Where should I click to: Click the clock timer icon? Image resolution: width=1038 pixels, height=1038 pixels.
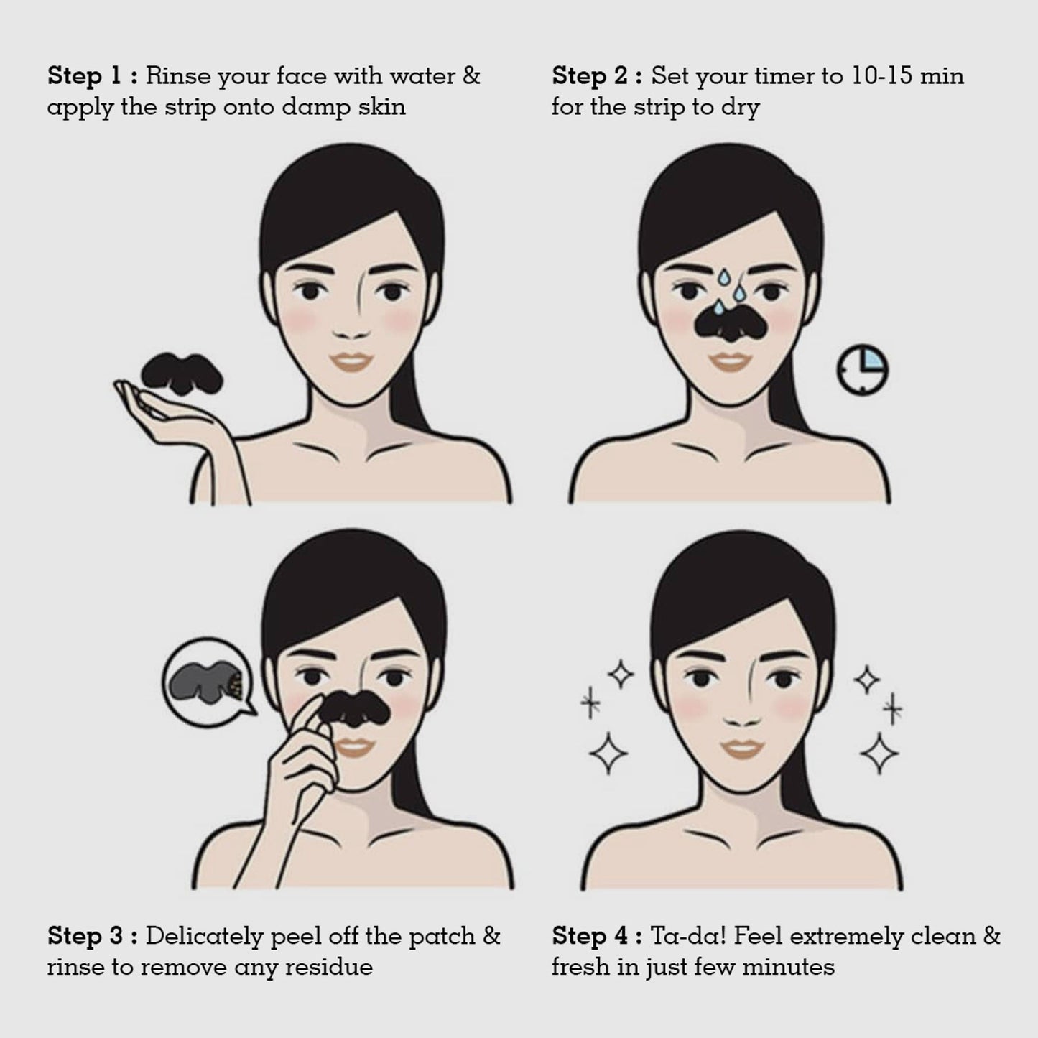863,370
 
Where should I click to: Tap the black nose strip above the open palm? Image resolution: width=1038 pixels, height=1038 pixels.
182,371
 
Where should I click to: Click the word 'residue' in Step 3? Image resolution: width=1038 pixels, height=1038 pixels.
328,968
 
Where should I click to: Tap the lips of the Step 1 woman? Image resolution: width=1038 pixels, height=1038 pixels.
351,363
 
